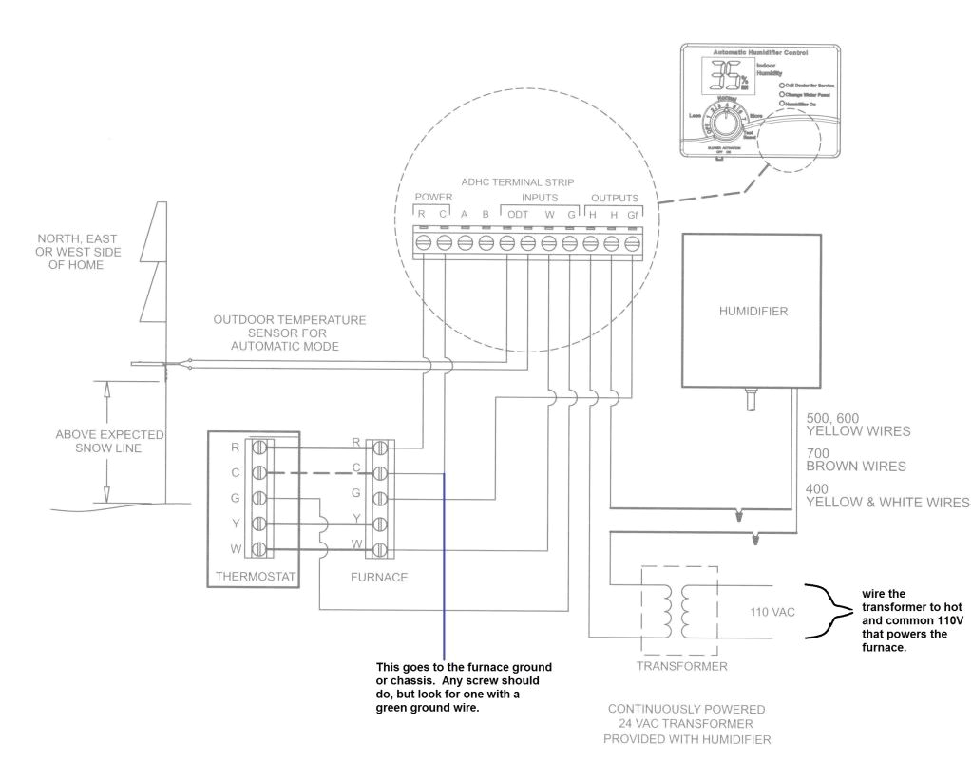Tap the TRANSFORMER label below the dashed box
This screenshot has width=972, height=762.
coord(683,666)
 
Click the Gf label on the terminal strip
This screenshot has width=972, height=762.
coord(632,215)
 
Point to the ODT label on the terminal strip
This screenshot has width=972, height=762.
coord(518,215)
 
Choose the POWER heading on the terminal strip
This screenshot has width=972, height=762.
coord(433,198)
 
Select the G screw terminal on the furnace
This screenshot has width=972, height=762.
coord(380,497)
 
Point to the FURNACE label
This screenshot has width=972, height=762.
coord(379,576)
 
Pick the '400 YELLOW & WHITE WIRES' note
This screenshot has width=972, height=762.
coord(886,495)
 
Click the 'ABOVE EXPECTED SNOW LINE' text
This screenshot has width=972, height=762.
coord(110,441)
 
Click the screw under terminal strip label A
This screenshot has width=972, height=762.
coord(465,243)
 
